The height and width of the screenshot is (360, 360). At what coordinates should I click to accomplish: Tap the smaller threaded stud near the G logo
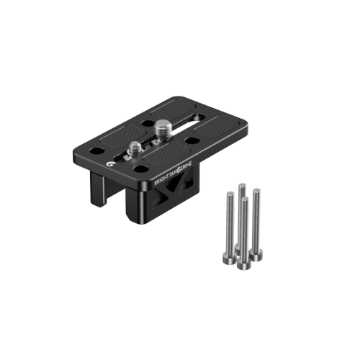(135, 148)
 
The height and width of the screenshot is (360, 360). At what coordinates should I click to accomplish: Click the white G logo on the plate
(109, 164)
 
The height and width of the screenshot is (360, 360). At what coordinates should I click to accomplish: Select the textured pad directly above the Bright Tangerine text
(167, 155)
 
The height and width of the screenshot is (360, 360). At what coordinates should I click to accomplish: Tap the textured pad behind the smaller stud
(123, 138)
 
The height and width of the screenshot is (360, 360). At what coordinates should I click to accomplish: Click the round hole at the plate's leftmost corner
(96, 151)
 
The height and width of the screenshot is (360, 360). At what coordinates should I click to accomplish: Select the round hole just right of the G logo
(140, 169)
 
